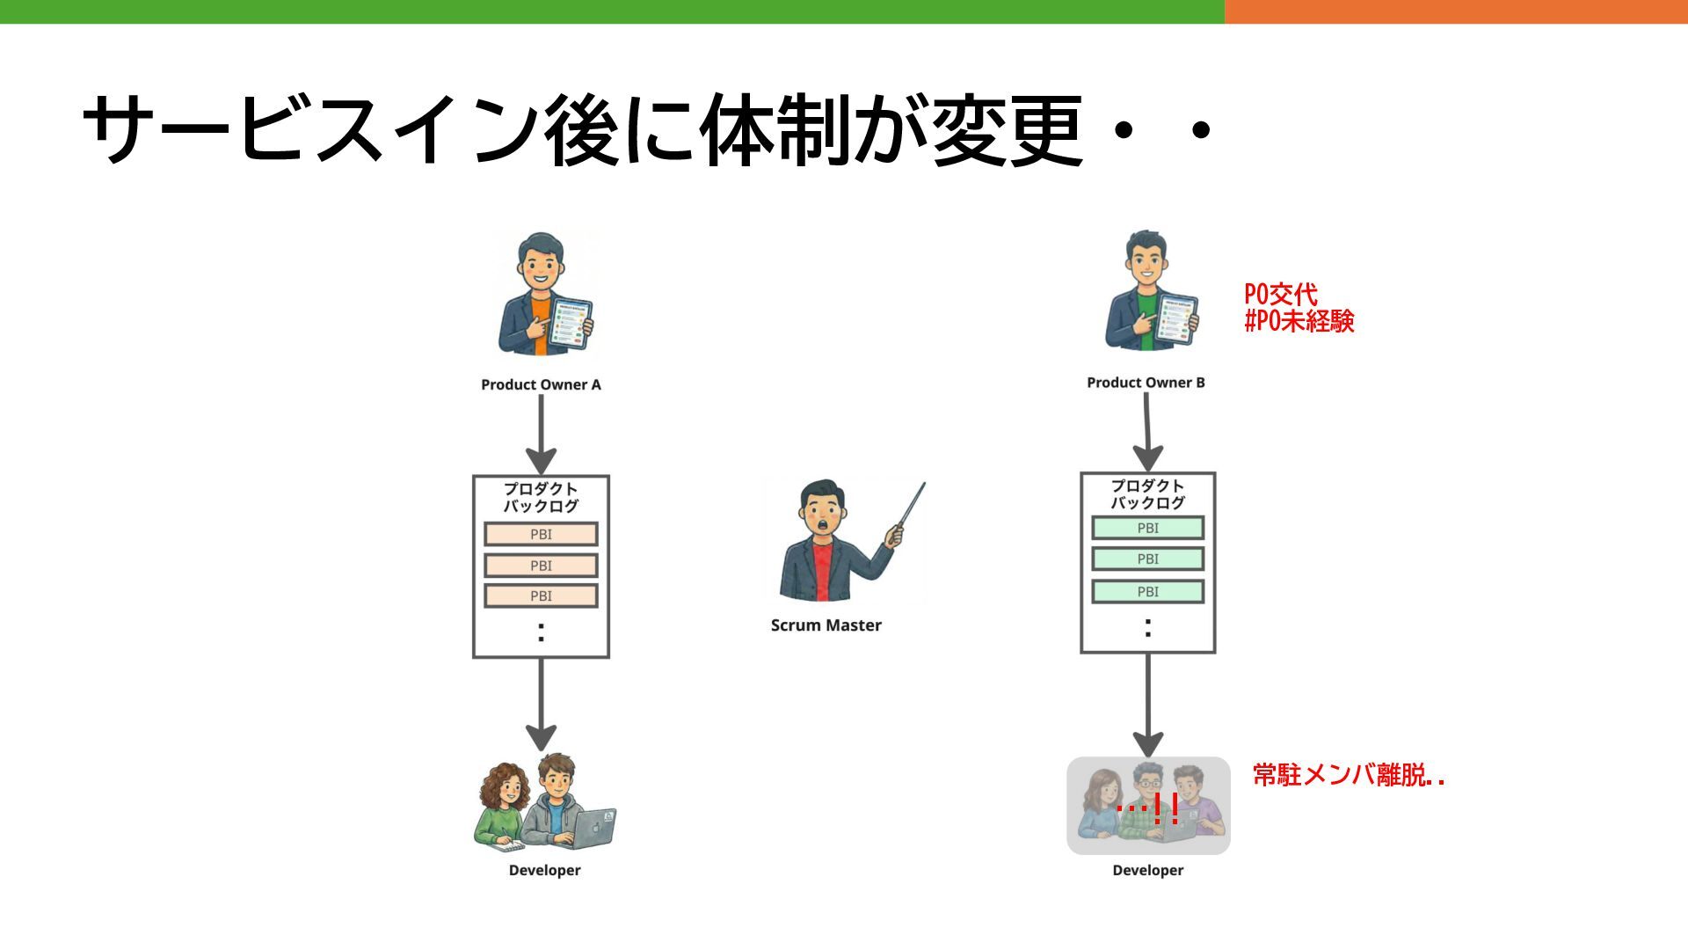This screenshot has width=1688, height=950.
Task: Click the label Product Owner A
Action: pyautogui.click(x=541, y=384)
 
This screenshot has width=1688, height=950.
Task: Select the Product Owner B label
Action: pyautogui.click(x=1146, y=383)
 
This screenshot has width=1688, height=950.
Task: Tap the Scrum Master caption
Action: pyautogui.click(x=826, y=625)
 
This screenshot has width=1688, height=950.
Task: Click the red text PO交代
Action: pyautogui.click(x=1280, y=294)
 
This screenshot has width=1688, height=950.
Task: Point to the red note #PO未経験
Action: pyautogui.click(x=1299, y=321)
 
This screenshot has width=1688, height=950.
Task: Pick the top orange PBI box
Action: pyautogui.click(x=541, y=534)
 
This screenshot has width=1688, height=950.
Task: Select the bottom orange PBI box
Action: pyautogui.click(x=541, y=596)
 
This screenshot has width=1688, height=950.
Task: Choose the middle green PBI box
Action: pyautogui.click(x=1147, y=559)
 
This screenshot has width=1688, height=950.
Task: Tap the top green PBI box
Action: pyautogui.click(x=1147, y=528)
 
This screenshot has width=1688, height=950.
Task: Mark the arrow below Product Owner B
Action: pyautogui.click(x=1146, y=431)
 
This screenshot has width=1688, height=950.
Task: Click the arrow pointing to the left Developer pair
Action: pyautogui.click(x=541, y=704)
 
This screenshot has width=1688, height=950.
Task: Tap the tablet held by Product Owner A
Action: pyautogui.click(x=571, y=323)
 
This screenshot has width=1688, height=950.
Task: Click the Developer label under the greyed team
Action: pyautogui.click(x=1147, y=870)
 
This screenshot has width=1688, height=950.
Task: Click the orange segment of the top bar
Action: pyautogui.click(x=1455, y=11)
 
